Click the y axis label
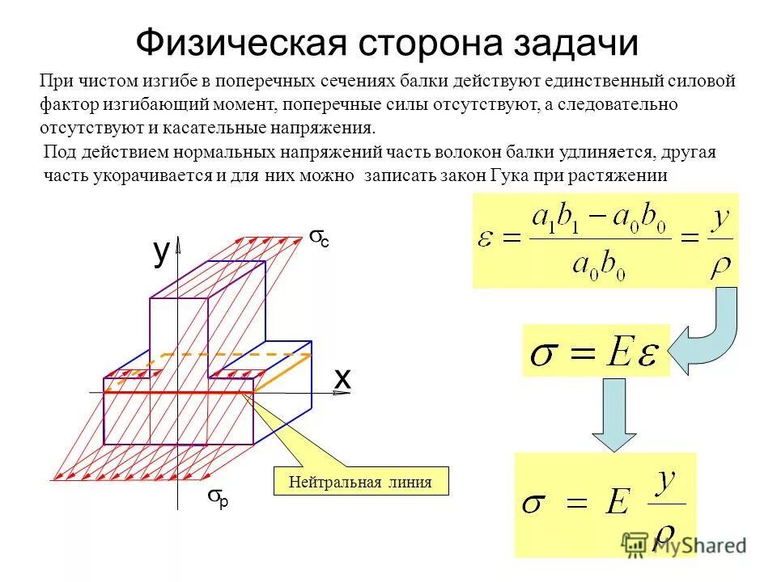162,253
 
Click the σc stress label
319,238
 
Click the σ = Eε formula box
596,351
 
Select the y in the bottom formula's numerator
665,483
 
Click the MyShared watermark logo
684,544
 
